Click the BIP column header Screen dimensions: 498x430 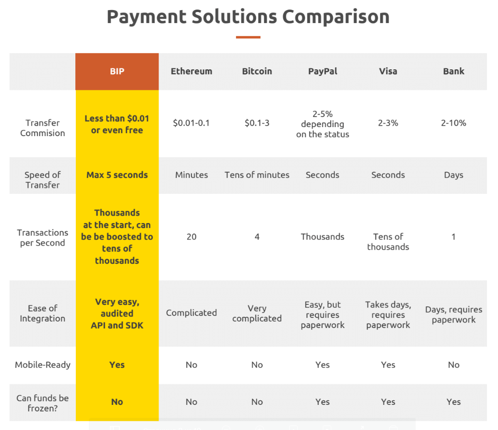117,71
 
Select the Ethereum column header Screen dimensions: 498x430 191,71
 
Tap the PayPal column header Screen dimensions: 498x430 323,71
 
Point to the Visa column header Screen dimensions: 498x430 388,71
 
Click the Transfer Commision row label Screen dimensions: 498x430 43,128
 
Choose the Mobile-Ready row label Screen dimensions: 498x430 43,365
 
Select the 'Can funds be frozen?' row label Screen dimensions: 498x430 43,403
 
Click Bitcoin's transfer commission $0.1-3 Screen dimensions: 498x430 257,123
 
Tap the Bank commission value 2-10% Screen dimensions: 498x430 453,123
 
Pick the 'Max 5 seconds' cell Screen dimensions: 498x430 117,175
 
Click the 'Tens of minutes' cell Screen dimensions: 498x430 257,175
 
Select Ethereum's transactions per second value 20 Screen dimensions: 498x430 191,237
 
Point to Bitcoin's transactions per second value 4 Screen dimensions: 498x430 257,237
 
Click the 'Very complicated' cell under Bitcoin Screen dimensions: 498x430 257,313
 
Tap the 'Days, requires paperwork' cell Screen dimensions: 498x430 453,314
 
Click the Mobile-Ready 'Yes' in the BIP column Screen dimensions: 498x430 117,365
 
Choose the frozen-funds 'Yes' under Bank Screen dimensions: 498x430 453,402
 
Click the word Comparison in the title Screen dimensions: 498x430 336,17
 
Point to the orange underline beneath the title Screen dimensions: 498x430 248,37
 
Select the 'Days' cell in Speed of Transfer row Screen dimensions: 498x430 453,175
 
